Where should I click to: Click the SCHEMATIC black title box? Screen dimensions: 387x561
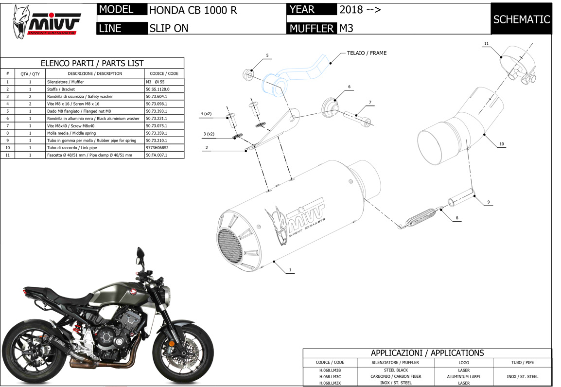pyautogui.click(x=521, y=19)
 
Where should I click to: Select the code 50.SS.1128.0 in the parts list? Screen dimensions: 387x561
pyautogui.click(x=158, y=89)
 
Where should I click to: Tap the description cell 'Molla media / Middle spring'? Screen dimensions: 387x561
pyautogui.click(x=71, y=133)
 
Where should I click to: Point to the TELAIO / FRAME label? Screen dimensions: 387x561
pyautogui.click(x=367, y=53)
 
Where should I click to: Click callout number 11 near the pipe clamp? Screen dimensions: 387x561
pyautogui.click(x=486, y=44)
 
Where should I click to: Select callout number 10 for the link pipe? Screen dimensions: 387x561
pyautogui.click(x=502, y=144)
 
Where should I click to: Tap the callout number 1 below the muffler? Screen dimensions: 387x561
pyautogui.click(x=290, y=270)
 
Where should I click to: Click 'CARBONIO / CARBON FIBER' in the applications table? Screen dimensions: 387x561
pyautogui.click(x=396, y=377)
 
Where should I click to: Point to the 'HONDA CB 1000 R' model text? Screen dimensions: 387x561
pyautogui.click(x=193, y=10)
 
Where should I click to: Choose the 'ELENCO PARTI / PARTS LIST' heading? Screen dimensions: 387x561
pyautogui.click(x=92, y=63)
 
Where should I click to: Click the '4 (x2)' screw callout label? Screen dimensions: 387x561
pyautogui.click(x=206, y=114)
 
